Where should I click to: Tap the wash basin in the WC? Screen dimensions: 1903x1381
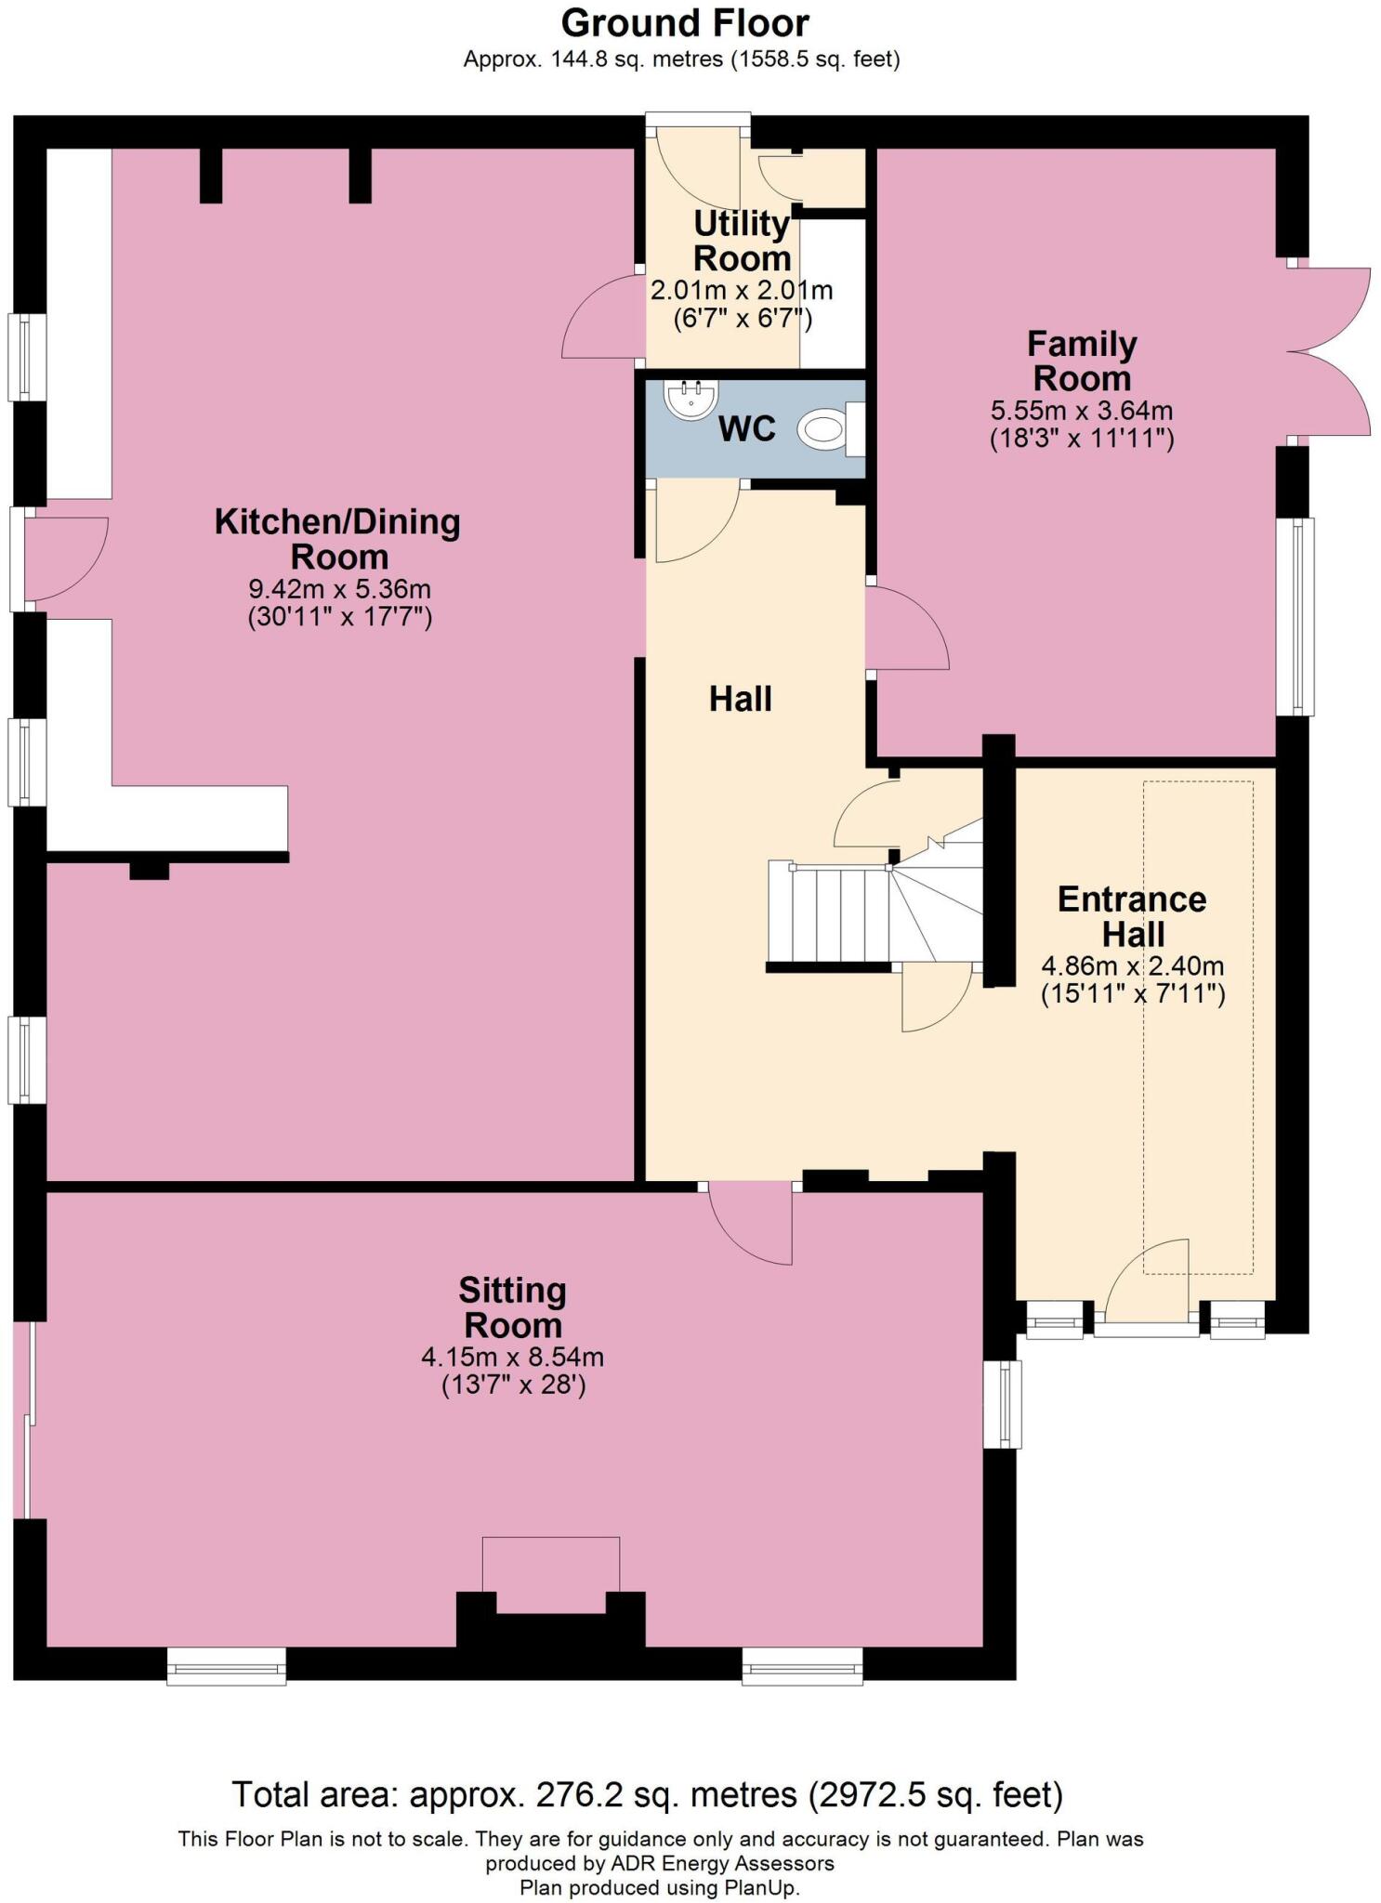[x=690, y=399]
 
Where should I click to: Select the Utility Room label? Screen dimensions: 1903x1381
[x=742, y=241]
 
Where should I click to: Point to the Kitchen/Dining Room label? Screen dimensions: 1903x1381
[x=337, y=539]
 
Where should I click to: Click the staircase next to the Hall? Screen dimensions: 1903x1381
[x=874, y=914]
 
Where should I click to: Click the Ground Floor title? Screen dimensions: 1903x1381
[x=685, y=22]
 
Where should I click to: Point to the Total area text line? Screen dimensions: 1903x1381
[x=647, y=1794]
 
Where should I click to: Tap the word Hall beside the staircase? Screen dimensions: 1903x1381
[x=741, y=699]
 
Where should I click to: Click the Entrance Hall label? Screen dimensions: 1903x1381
[x=1132, y=916]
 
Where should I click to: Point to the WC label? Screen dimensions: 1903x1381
[x=747, y=429]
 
